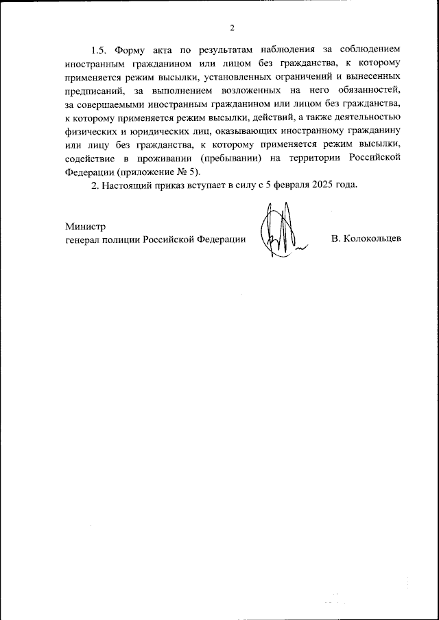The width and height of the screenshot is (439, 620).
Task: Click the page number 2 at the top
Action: (x=232, y=27)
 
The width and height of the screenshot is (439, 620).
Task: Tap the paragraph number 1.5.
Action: (x=101, y=51)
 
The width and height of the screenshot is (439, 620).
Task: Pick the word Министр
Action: (x=86, y=227)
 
